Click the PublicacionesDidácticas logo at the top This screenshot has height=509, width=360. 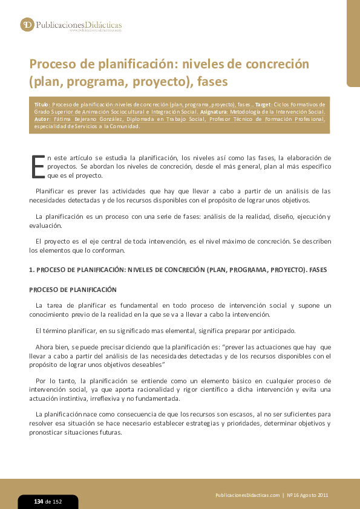pos(71,25)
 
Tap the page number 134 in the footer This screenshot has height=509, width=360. pos(38,502)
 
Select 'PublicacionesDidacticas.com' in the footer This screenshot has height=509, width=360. pos(247,495)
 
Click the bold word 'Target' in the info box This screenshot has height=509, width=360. pos(263,105)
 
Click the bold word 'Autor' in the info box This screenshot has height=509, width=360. pos(42,119)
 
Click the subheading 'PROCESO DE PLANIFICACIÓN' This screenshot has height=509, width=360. pos(73,290)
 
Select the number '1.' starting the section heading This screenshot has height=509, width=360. pos(32,270)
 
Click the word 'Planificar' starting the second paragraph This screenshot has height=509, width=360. pos(50,191)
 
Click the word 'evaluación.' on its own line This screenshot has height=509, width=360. pos(45,225)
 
